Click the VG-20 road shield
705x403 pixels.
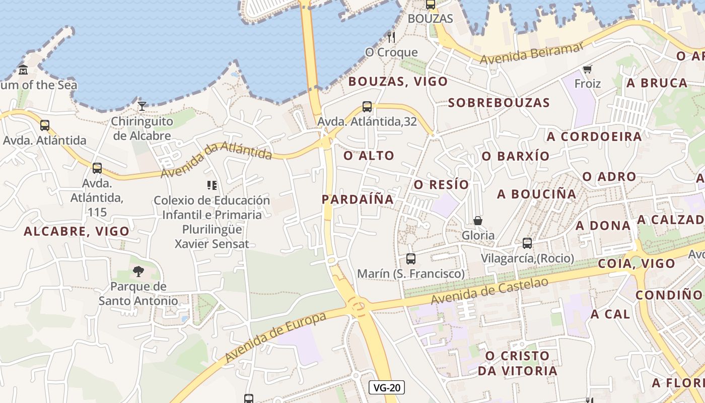pyautogui.click(x=387, y=387)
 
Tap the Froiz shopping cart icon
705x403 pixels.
pyautogui.click(x=587, y=69)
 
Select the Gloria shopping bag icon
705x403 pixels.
pyautogui.click(x=477, y=221)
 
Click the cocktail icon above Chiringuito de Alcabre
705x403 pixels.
pyautogui.click(x=142, y=106)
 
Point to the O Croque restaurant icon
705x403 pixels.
pyautogui.click(x=391, y=37)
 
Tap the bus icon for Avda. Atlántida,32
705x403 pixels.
pyautogui.click(x=367, y=107)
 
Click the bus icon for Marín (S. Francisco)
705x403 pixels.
pyautogui.click(x=410, y=259)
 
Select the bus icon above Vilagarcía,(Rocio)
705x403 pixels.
pyautogui.click(x=527, y=243)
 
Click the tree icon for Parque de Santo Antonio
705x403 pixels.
pyautogui.click(x=138, y=272)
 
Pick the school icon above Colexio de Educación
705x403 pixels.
pyautogui.click(x=211, y=185)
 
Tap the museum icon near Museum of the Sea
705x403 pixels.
pyautogui.click(x=23, y=70)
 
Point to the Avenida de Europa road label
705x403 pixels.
pyautogui.click(x=275, y=337)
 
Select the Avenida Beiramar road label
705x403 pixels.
pyautogui.click(x=531, y=53)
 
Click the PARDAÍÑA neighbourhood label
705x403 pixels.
pyautogui.click(x=358, y=199)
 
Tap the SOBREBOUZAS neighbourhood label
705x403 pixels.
pyautogui.click(x=499, y=103)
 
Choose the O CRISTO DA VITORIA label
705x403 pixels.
pyautogui.click(x=517, y=363)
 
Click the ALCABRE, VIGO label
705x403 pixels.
pyautogui.click(x=77, y=231)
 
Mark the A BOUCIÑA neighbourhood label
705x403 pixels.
pyautogui.click(x=536, y=194)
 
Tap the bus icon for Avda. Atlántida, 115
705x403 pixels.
pyautogui.click(x=97, y=168)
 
